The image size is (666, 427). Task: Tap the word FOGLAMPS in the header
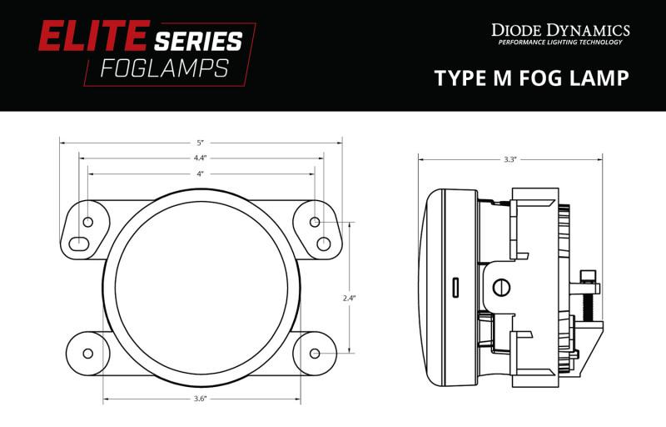pyautogui.click(x=163, y=68)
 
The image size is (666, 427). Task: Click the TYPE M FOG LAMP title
pyautogui.click(x=530, y=78)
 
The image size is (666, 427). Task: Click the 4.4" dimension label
pyautogui.click(x=201, y=157)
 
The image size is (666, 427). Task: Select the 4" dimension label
pyautogui.click(x=201, y=173)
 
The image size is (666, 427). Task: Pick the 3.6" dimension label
pyautogui.click(x=200, y=399)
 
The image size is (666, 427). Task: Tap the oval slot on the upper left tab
pyautogui.click(x=77, y=244)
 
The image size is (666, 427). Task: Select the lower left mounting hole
pyautogui.click(x=87, y=352)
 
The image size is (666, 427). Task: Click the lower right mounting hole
pyautogui.click(x=315, y=353)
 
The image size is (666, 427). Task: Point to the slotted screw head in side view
pyautogui.click(x=500, y=287)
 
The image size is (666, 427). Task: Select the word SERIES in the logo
pyautogui.click(x=198, y=40)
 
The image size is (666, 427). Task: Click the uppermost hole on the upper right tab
pyautogui.click(x=315, y=222)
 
